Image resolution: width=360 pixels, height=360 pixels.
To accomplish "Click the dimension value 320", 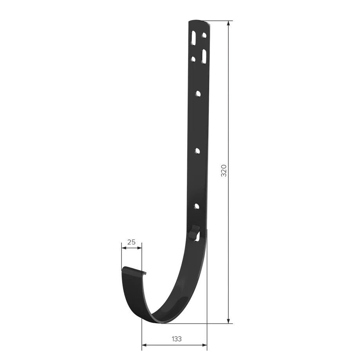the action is point(224,171).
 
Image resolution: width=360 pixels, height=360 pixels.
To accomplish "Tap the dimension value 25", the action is point(131,242).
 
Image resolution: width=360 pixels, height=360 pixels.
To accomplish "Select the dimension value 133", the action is point(177,339).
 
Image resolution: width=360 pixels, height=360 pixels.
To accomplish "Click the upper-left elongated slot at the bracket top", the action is point(193,38).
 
